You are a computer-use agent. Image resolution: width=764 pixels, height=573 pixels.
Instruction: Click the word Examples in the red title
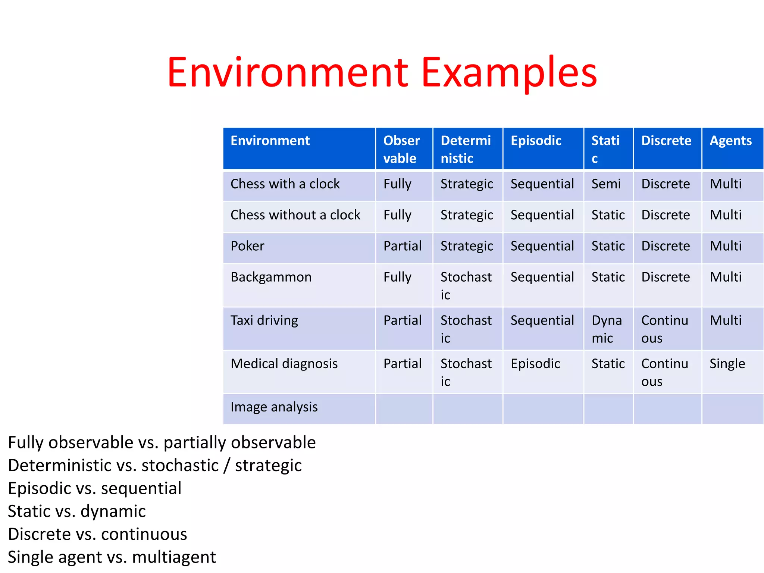(x=509, y=73)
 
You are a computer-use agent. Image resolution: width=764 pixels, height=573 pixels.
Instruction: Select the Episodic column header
(x=536, y=141)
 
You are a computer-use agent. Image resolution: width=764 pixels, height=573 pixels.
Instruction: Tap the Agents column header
(x=730, y=141)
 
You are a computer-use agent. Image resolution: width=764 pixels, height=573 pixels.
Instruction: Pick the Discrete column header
(x=666, y=141)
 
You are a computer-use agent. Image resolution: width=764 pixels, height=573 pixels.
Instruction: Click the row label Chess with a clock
(x=285, y=184)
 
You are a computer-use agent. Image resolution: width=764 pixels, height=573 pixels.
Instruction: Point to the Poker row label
(x=247, y=246)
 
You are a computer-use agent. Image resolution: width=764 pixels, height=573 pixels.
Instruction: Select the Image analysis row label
(x=274, y=407)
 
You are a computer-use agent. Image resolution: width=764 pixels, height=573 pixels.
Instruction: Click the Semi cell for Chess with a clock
(x=606, y=184)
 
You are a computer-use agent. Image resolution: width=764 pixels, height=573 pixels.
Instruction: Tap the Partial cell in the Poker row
(x=402, y=246)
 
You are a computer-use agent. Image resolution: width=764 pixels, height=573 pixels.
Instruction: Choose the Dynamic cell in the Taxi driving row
(x=607, y=329)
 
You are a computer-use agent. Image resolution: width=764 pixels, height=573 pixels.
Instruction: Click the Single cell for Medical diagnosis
(x=727, y=364)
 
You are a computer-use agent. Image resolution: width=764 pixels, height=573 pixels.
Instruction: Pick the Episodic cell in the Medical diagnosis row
(x=535, y=364)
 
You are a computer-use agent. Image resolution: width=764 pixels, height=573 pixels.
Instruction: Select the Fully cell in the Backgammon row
(x=397, y=277)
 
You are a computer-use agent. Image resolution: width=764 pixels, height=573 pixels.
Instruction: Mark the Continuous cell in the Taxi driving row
(x=664, y=329)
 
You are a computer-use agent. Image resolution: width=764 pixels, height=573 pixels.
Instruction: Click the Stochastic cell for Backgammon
(x=466, y=286)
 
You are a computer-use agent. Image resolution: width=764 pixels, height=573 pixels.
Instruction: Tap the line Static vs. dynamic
(x=77, y=511)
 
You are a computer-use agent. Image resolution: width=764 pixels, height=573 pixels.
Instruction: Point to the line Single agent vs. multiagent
(x=112, y=557)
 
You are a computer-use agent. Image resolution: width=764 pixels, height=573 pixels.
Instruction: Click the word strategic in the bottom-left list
(x=268, y=466)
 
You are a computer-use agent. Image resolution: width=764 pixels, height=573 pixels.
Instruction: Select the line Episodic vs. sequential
(x=95, y=488)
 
